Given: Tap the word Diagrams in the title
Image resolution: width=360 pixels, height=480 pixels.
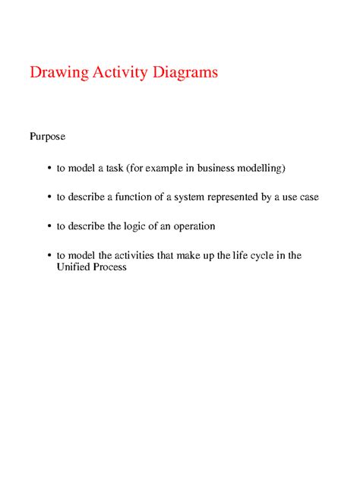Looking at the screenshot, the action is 185,73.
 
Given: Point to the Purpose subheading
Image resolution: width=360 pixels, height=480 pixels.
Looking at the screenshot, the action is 47,137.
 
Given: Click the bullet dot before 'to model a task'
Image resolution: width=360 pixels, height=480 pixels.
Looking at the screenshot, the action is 49,167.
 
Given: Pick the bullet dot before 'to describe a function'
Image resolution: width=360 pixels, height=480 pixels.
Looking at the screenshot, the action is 49,197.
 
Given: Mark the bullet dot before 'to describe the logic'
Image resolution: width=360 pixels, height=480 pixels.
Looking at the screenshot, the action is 49,226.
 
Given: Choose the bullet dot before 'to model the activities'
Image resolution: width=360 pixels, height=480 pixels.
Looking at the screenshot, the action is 49,256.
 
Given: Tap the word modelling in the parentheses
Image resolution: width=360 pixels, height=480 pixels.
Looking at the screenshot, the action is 261,167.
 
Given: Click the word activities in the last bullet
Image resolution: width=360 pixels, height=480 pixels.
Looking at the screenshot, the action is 134,256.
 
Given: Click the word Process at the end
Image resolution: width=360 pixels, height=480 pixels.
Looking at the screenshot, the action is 110,267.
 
